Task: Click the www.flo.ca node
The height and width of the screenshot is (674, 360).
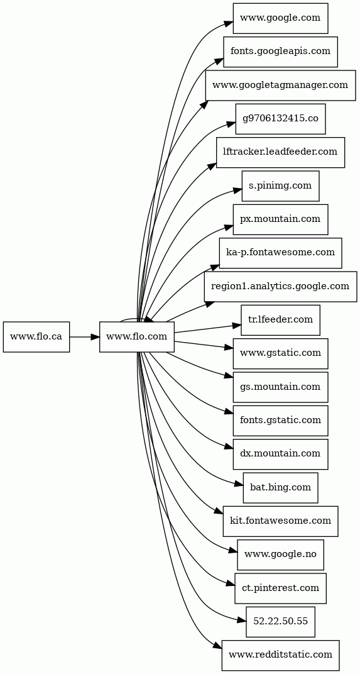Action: [x=36, y=336]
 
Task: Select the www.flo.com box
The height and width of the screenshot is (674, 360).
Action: [x=136, y=336]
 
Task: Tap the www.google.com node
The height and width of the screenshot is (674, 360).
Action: [x=281, y=18]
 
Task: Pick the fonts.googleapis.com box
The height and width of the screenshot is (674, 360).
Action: [x=281, y=52]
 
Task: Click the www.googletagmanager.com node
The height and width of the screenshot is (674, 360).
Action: [x=281, y=85]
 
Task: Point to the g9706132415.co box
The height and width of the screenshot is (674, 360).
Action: [x=281, y=119]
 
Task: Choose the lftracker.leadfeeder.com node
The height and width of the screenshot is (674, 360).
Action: [x=281, y=152]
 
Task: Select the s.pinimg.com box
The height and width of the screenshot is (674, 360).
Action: [x=281, y=185]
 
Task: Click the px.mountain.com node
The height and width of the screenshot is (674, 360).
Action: [x=281, y=219]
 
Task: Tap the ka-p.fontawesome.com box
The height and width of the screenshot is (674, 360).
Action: [x=281, y=253]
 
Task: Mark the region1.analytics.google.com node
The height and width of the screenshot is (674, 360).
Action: [x=281, y=286]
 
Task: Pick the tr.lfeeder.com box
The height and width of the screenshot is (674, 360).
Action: [x=281, y=320]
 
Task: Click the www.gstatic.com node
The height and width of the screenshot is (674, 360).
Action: [x=281, y=353]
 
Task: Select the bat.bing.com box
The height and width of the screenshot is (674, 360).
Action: [x=281, y=487]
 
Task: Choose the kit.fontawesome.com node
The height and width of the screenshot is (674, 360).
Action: [x=281, y=521]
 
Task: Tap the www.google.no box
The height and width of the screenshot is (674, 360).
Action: [x=281, y=555]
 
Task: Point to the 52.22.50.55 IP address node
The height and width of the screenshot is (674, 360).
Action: [x=281, y=622]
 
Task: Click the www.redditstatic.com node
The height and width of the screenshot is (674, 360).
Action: [x=281, y=655]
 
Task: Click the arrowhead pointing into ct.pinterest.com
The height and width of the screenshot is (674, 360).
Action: [x=231, y=583]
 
